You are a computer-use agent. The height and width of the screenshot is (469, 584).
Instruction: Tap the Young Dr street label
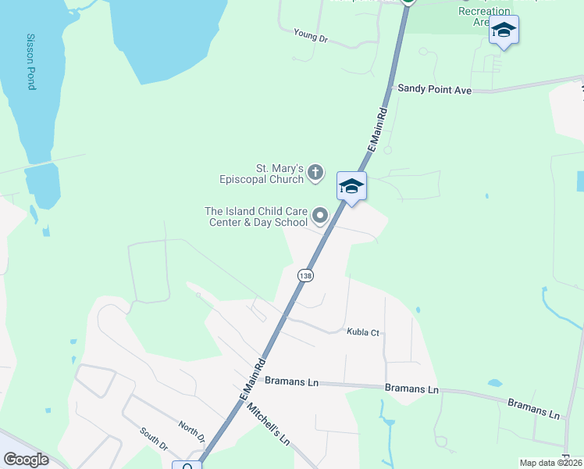311,34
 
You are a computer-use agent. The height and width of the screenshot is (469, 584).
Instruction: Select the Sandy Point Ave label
435,90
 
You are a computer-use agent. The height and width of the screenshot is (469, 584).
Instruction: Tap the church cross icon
315,172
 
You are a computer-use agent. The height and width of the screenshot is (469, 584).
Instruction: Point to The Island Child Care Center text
256,217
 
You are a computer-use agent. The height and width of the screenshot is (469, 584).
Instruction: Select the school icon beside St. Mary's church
351,186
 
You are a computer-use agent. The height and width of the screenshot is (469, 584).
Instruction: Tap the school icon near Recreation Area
504,30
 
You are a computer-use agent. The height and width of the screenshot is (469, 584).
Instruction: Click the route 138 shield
305,275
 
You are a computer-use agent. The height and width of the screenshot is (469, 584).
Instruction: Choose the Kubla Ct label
363,332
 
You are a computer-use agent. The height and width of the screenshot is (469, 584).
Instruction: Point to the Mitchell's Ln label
268,425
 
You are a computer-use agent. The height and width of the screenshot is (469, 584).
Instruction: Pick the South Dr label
154,439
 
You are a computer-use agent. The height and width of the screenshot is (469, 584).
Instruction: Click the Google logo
26,460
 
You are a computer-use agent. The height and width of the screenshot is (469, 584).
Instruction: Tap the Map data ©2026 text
550,463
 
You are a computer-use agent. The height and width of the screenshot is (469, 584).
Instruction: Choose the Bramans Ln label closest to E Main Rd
292,382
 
